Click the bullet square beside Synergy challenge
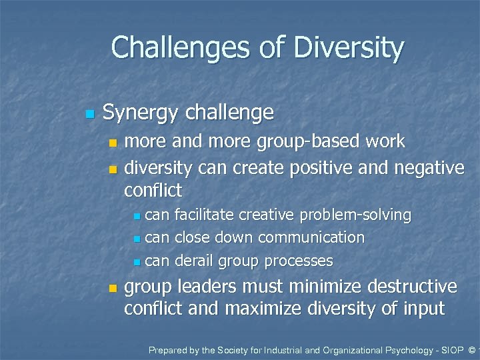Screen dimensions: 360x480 click(x=89, y=115)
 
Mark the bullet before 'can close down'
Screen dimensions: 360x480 click(x=137, y=239)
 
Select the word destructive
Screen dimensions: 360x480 click(x=407, y=287)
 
